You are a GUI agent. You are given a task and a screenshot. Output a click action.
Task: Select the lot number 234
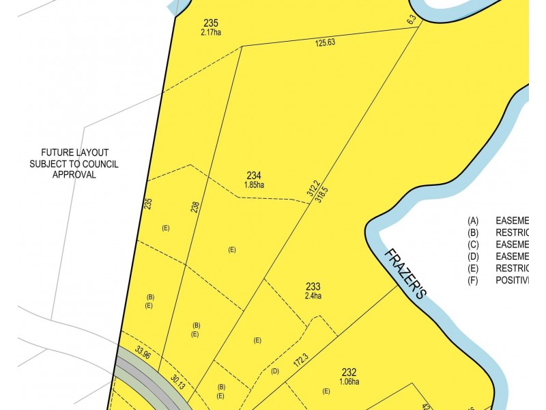click(254, 176)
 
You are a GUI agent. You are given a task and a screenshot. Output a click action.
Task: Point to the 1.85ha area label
click(254, 184)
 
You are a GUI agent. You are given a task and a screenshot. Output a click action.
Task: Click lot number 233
click(313, 287)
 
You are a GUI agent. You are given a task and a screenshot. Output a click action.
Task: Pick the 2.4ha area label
click(313, 296)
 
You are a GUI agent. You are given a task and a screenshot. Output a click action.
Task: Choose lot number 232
click(349, 372)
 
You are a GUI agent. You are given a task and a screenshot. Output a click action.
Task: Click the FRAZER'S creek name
click(405, 274)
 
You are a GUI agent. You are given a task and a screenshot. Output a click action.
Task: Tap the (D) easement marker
click(275, 371)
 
